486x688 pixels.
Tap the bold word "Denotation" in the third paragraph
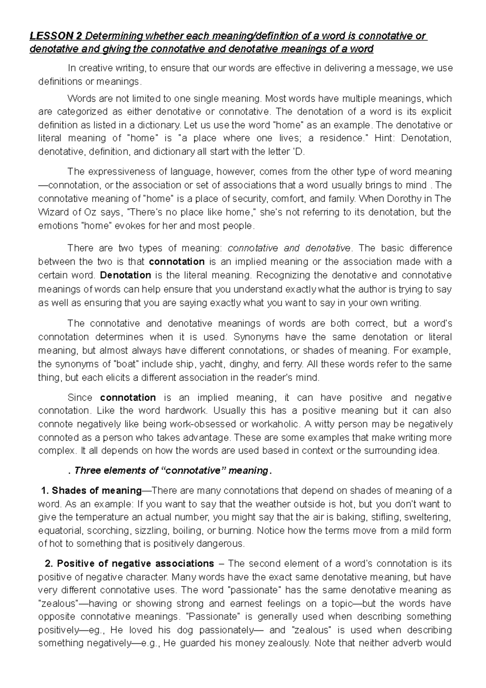click(125, 275)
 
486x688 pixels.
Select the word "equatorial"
click(59, 530)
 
